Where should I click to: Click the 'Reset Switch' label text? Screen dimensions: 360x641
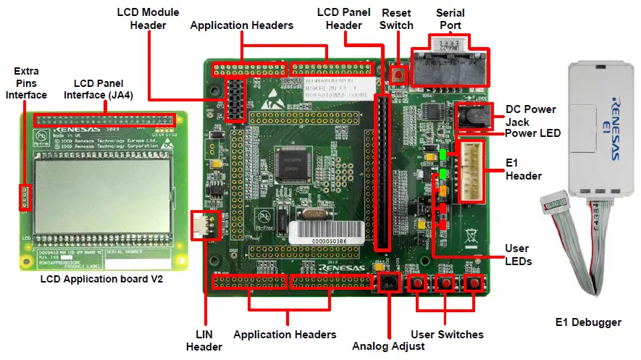pos(398,19)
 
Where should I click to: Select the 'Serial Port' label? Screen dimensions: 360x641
pos(451,19)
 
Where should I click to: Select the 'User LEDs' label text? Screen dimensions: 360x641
pos(518,254)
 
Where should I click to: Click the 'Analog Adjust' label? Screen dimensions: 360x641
pos(387,346)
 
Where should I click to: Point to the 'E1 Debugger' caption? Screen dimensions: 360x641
pos(587,322)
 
